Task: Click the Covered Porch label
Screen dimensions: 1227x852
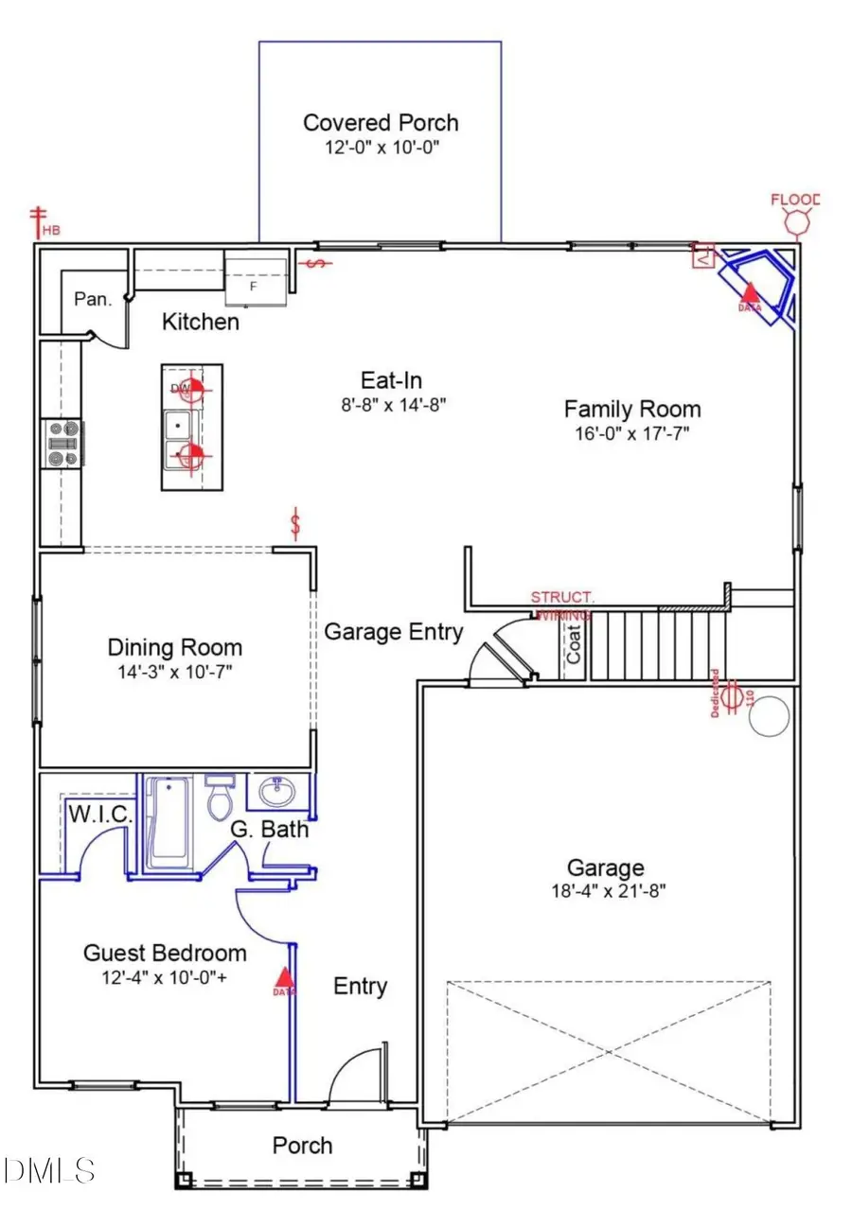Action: coord(381,123)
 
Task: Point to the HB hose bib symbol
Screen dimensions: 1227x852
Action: coord(40,220)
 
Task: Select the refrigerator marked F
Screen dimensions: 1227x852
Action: coord(255,277)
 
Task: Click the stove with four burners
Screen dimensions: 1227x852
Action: coord(63,444)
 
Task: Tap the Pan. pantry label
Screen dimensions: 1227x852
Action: coord(93,299)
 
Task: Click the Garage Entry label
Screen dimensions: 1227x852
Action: coord(394,631)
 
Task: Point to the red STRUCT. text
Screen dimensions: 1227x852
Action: coord(562,598)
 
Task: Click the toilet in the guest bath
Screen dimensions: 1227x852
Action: coord(221,802)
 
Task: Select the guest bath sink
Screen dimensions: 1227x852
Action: coord(277,789)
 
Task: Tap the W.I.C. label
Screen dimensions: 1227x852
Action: coord(99,815)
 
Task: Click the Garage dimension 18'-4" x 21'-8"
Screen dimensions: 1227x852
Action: coord(604,891)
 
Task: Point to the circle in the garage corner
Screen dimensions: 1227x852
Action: coord(769,716)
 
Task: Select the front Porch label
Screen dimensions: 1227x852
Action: coord(302,1146)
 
